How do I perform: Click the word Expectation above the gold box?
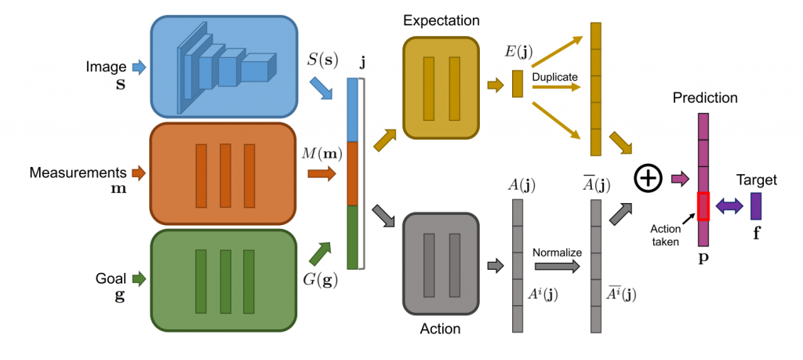(441, 20)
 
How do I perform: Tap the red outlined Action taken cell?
(703, 205)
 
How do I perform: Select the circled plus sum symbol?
(647, 180)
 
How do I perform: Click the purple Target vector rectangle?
(756, 205)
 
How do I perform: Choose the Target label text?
(757, 180)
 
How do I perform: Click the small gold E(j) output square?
(517, 84)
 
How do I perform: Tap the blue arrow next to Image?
(139, 68)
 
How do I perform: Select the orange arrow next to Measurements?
(138, 172)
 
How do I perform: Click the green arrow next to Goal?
(139, 277)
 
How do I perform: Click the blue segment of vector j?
(352, 111)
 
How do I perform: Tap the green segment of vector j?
(352, 236)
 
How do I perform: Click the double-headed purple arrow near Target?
(729, 205)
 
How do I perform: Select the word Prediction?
(704, 99)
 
